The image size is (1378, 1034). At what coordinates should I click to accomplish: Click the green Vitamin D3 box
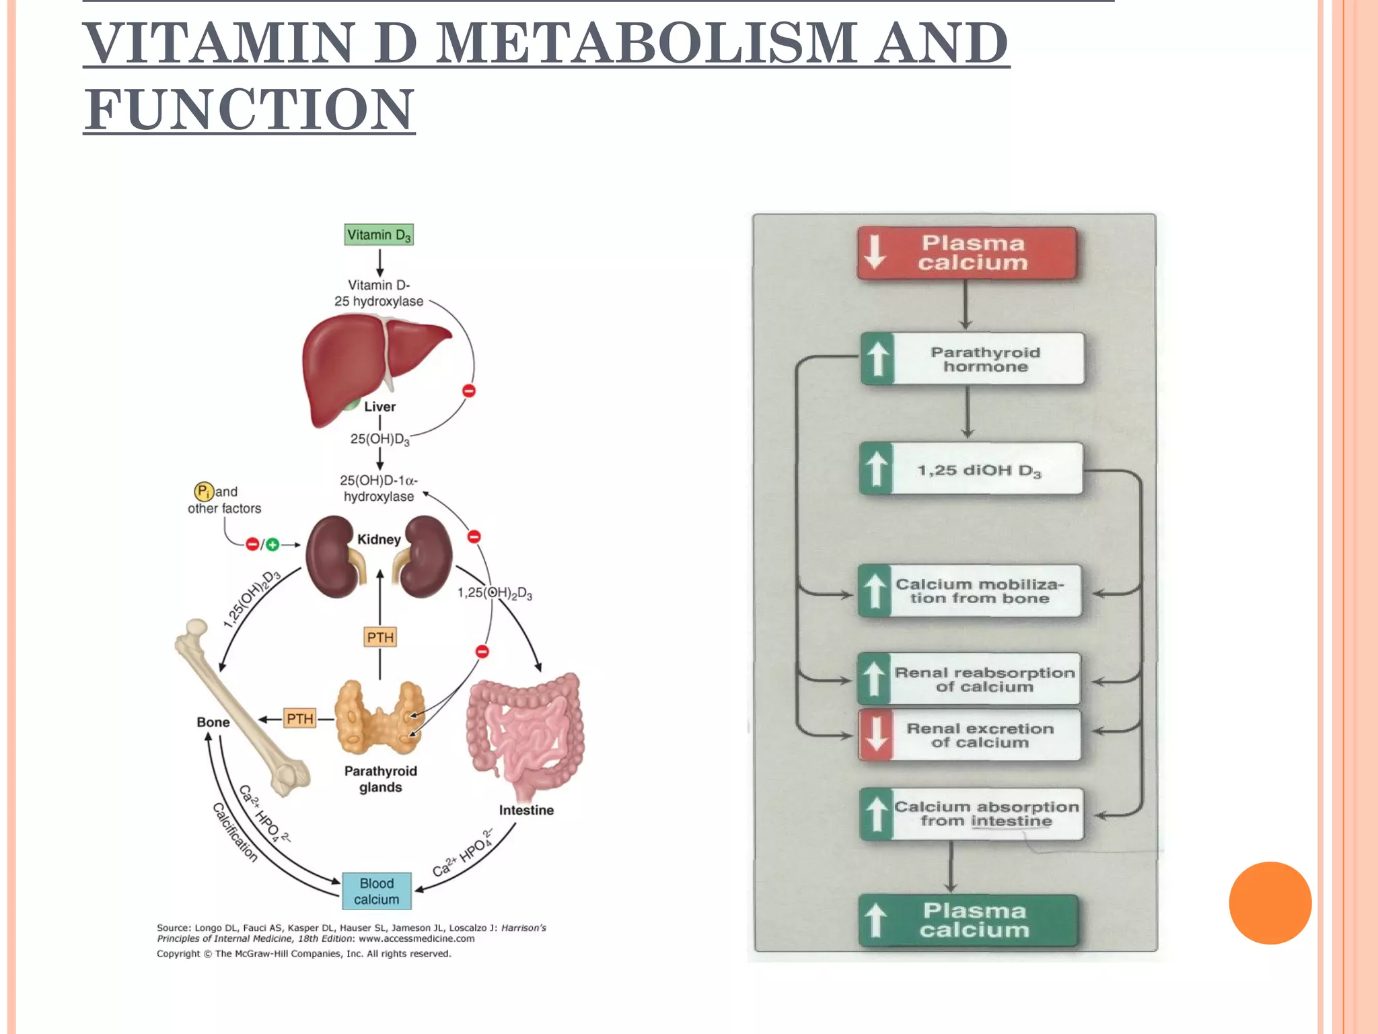click(379, 235)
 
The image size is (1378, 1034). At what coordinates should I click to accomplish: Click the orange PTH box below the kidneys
click(380, 637)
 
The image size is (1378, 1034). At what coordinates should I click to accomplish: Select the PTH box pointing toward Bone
click(299, 718)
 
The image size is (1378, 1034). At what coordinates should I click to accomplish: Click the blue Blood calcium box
click(376, 891)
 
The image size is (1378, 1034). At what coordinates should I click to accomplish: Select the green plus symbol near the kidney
click(273, 545)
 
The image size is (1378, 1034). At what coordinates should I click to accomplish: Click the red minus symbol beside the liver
click(469, 390)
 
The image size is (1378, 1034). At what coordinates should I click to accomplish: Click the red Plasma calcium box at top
click(967, 253)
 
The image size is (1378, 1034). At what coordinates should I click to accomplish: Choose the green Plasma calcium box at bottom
click(968, 920)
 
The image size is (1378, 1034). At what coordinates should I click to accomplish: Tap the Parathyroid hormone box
click(972, 359)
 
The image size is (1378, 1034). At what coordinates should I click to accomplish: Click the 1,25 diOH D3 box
click(971, 469)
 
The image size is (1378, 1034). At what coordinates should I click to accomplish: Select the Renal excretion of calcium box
click(970, 735)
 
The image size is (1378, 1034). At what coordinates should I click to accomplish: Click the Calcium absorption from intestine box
click(972, 814)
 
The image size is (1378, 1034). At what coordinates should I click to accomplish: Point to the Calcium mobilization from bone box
click(970, 591)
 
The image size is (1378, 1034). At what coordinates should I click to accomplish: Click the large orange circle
click(1270, 903)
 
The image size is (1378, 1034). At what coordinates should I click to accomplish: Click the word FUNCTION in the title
click(249, 109)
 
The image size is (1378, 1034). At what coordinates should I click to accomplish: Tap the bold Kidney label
click(379, 539)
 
